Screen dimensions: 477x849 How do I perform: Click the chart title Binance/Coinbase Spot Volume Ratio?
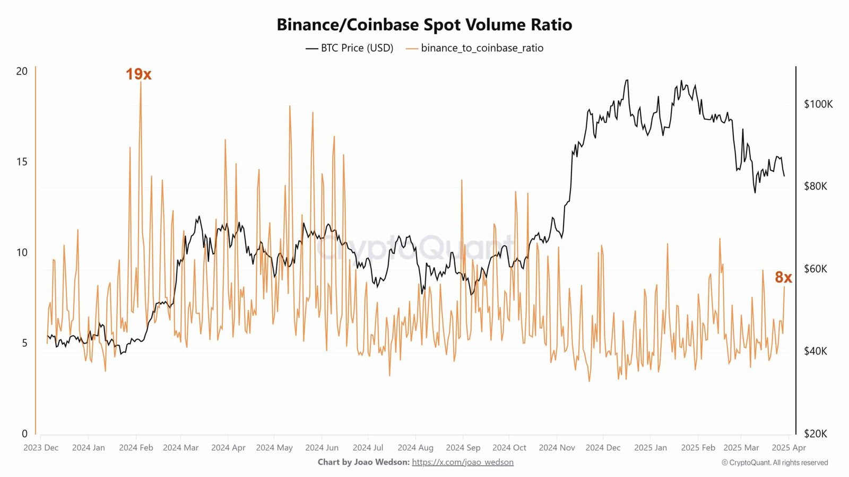pyautogui.click(x=424, y=25)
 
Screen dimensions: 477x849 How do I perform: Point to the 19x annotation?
pyautogui.click(x=138, y=74)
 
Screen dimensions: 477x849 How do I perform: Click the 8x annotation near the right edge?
pyautogui.click(x=783, y=277)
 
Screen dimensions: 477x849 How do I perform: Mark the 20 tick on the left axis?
pyautogui.click(x=22, y=71)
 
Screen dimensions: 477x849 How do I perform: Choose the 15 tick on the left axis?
pyautogui.click(x=22, y=162)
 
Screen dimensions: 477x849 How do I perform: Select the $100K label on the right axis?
pyautogui.click(x=818, y=104)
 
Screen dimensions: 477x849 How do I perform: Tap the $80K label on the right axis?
pyautogui.click(x=816, y=186)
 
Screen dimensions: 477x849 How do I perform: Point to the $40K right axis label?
pyautogui.click(x=816, y=351)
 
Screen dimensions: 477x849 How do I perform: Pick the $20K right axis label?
pyautogui.click(x=816, y=434)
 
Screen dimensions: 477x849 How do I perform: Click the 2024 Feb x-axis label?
pyautogui.click(x=136, y=447)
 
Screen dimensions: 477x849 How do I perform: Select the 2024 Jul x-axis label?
pyautogui.click(x=368, y=447)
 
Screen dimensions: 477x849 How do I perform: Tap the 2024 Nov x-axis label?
pyautogui.click(x=557, y=447)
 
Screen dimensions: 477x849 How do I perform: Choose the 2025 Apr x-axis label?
pyautogui.click(x=789, y=447)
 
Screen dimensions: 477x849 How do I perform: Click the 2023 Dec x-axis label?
pyautogui.click(x=41, y=447)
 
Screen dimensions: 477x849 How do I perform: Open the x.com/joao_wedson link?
pyautogui.click(x=463, y=462)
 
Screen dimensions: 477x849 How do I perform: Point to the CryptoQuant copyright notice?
pyautogui.click(x=775, y=463)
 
